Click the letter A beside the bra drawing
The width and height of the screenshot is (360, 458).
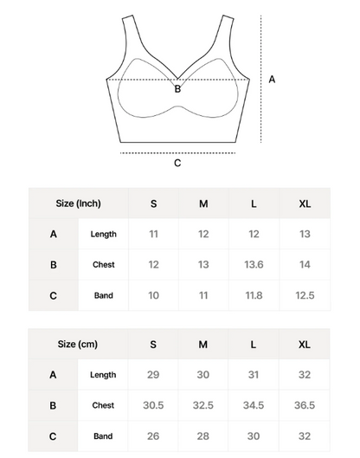pyautogui.click(x=273, y=79)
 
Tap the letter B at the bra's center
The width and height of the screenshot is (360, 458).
pyautogui.click(x=177, y=88)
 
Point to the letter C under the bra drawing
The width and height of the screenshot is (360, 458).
pyautogui.click(x=177, y=164)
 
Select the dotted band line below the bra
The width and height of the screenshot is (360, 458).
pyautogui.click(x=177, y=152)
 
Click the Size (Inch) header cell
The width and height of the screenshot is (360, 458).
pyautogui.click(x=78, y=203)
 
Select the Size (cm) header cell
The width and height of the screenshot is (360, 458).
pyautogui.click(x=78, y=344)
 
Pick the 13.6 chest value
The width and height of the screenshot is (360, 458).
pyautogui.click(x=254, y=265)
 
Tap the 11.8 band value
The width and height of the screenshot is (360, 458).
pyautogui.click(x=254, y=296)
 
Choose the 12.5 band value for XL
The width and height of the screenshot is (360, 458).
pyautogui.click(x=304, y=296)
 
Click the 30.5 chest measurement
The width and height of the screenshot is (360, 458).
pyautogui.click(x=153, y=405)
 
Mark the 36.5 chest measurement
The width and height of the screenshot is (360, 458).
pyautogui.click(x=304, y=405)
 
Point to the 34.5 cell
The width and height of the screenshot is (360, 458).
pyautogui.click(x=254, y=405)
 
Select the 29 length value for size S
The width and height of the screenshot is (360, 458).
pyautogui.click(x=153, y=374)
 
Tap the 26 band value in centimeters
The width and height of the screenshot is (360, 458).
pyautogui.click(x=153, y=436)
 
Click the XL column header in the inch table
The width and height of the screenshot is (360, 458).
pyautogui.click(x=304, y=203)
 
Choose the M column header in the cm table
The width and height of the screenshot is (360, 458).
pyautogui.click(x=203, y=344)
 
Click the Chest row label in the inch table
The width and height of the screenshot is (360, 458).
pyautogui.click(x=103, y=265)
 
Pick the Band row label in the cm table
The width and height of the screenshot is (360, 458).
pyautogui.click(x=103, y=436)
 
